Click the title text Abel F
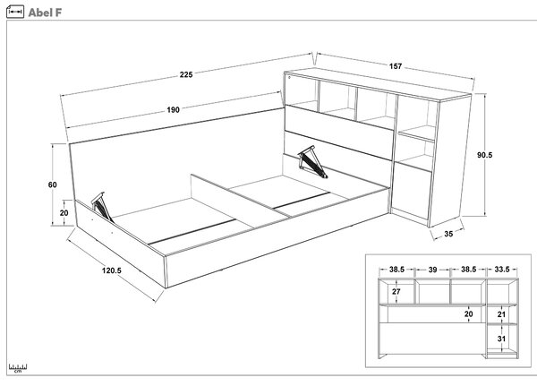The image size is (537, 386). pyautogui.click(x=45, y=13)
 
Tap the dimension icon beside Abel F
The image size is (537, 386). pyautogui.click(x=15, y=12)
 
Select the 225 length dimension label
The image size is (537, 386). pyautogui.click(x=186, y=74)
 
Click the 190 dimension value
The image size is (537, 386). pyautogui.click(x=173, y=109)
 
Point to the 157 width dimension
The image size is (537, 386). pyautogui.click(x=396, y=66)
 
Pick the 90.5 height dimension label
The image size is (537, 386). pyautogui.click(x=484, y=155)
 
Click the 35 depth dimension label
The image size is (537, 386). pyautogui.click(x=448, y=234)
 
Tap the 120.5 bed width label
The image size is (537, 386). pyautogui.click(x=112, y=270)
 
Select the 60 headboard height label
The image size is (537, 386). pyautogui.click(x=53, y=184)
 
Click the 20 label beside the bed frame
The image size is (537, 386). pyautogui.click(x=64, y=213)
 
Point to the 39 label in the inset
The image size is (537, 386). pyautogui.click(x=432, y=270)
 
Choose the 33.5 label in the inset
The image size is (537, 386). pyautogui.click(x=502, y=270)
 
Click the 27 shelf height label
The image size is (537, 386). pyautogui.click(x=396, y=291)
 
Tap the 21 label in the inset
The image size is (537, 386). pyautogui.click(x=501, y=314)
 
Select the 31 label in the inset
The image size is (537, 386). pyautogui.click(x=501, y=339)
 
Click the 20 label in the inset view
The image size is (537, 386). pyautogui.click(x=468, y=314)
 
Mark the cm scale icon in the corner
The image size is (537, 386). pyautogui.click(x=18, y=368)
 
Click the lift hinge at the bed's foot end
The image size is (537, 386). pyautogui.click(x=102, y=207)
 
